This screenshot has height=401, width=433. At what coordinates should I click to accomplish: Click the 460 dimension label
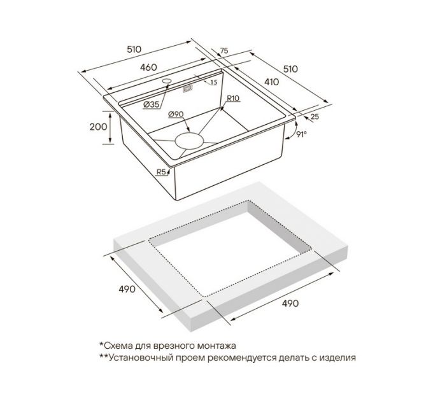click(x=148, y=67)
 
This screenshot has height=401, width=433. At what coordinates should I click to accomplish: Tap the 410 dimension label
click(x=272, y=82)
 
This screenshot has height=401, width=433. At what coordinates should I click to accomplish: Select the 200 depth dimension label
click(x=99, y=127)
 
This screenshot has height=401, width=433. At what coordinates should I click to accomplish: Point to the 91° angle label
click(x=302, y=134)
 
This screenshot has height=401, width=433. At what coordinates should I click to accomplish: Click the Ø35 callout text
click(x=152, y=104)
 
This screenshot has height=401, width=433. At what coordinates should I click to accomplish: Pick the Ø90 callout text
click(x=176, y=114)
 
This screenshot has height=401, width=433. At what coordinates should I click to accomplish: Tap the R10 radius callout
click(x=233, y=98)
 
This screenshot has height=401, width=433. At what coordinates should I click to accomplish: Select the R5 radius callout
click(x=162, y=172)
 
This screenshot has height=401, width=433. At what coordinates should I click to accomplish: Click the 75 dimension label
click(x=224, y=50)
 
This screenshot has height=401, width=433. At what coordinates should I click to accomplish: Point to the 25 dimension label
click(x=315, y=116)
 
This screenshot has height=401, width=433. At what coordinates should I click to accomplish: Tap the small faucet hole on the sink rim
click(x=167, y=81)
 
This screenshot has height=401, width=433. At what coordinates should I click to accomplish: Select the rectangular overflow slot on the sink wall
click(x=188, y=89)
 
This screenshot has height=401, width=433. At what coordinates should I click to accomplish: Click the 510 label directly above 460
click(x=134, y=50)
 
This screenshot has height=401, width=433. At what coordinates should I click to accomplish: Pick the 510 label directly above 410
click(x=290, y=69)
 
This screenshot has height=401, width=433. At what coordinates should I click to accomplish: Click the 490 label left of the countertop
click(x=127, y=289)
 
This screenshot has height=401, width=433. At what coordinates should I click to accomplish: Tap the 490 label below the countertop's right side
click(x=290, y=304)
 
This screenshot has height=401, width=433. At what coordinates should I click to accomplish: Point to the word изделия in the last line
click(x=337, y=358)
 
